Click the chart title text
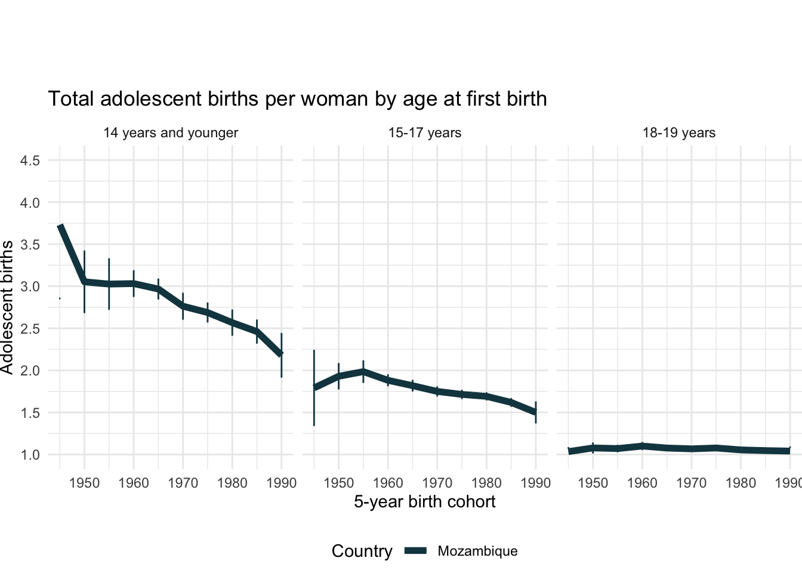click(297, 98)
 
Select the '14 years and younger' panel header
click(171, 133)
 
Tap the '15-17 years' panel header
click(425, 133)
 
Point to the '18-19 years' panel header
click(679, 133)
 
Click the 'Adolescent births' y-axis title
click(7, 307)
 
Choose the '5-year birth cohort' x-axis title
click(425, 501)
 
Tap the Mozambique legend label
click(477, 551)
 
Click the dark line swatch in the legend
click(415, 551)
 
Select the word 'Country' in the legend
click(362, 551)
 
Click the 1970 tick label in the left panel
click(183, 482)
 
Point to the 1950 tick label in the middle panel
click(339, 482)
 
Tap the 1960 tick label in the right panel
click(643, 482)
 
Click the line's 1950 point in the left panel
click(85, 281)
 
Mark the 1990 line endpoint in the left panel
click(281, 354)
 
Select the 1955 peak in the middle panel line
click(363, 371)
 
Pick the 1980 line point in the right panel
click(741, 449)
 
